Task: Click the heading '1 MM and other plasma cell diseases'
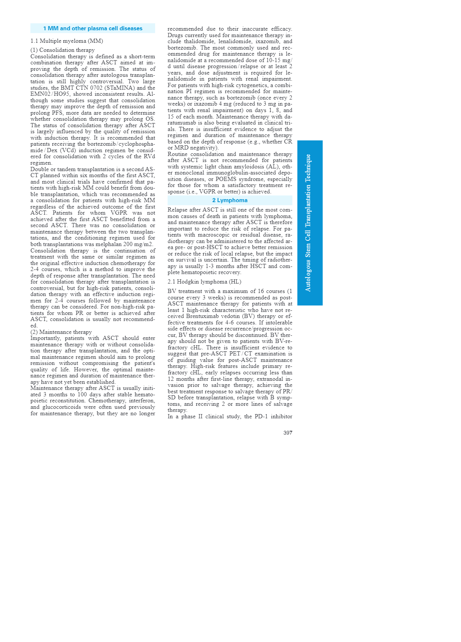tap(93, 28)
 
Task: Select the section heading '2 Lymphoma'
tap(230, 200)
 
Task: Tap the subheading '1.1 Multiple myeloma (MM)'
tap(67, 41)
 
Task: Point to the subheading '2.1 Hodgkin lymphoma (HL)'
tap(204, 282)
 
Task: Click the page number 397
tap(288, 433)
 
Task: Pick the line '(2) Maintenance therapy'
tap(61, 332)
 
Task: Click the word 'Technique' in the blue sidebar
tap(308, 169)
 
